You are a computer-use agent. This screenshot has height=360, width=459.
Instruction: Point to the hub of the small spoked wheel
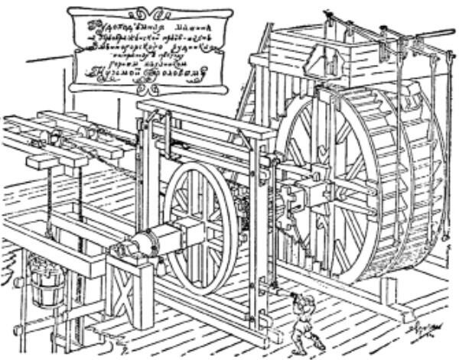[x=200, y=226]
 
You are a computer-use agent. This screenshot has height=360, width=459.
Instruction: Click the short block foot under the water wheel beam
[x=389, y=291]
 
